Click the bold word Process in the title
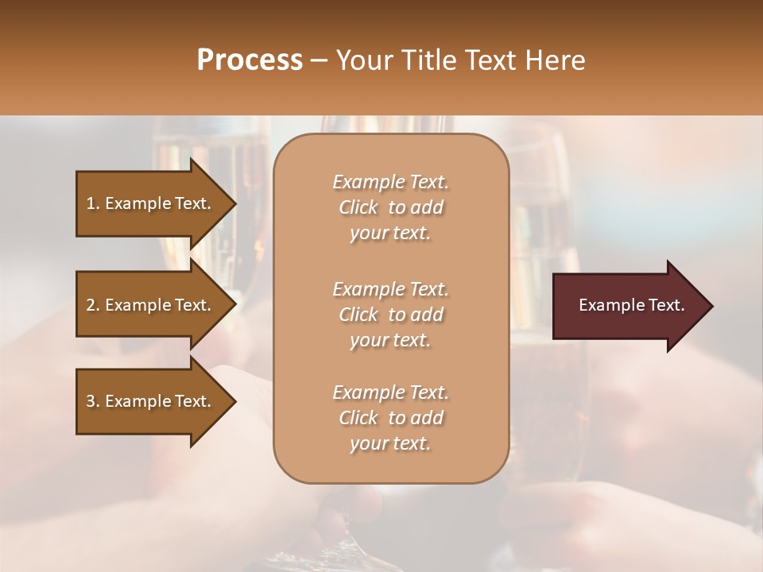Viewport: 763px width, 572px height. pos(250,60)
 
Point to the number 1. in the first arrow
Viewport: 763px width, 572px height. pos(93,203)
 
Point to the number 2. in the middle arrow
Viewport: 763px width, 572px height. pos(93,305)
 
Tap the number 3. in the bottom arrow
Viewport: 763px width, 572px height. pos(93,401)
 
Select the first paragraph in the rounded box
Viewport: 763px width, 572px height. pos(390,207)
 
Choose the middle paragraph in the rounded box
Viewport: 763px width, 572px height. pos(390,314)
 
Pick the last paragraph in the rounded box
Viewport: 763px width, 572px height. pos(390,418)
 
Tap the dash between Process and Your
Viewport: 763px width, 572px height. pos(320,60)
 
